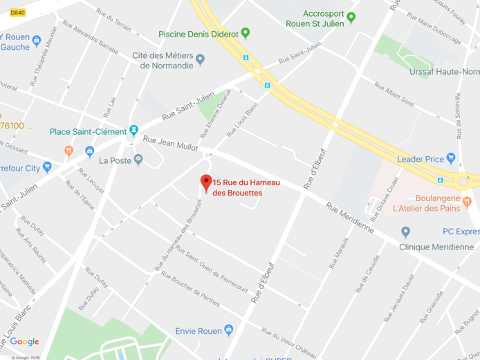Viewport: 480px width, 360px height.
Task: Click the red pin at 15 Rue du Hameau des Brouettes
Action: tap(205, 182)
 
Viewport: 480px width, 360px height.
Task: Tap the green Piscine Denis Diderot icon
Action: tap(245, 33)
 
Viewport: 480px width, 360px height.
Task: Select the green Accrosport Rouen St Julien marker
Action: tap(351, 17)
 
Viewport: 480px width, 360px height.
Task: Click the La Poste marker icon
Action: tap(138, 160)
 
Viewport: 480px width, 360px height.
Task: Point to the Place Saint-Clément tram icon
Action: tap(133, 131)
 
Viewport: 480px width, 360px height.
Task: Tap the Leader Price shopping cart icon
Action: tap(451, 159)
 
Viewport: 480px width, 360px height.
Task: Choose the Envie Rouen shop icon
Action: tap(229, 331)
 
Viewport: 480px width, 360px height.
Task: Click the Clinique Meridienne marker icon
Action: tap(406, 232)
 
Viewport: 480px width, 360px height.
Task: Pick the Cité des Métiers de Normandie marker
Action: tap(201, 59)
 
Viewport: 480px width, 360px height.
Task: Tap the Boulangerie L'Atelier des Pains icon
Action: tap(468, 201)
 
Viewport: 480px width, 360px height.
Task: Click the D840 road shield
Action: tap(17, 12)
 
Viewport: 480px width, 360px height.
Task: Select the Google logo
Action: tap(24, 342)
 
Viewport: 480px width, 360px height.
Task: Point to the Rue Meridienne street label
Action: tap(350, 217)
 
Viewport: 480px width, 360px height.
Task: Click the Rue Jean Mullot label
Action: tap(170, 143)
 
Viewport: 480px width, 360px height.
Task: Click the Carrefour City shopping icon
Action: tap(47, 167)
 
